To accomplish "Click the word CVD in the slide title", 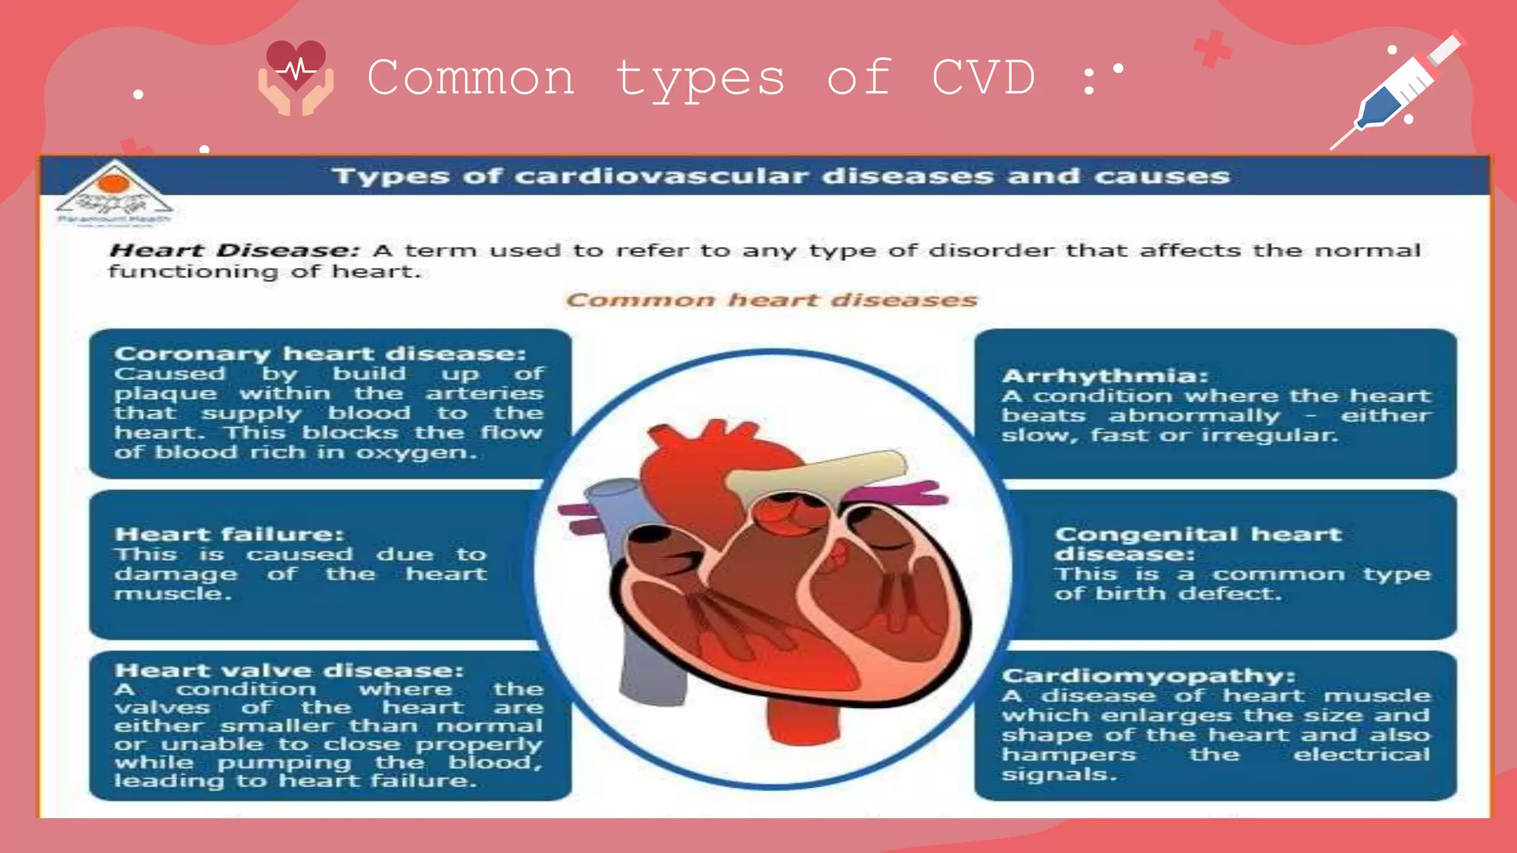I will pyautogui.click(x=983, y=77).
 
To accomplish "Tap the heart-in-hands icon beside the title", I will pyautogui.click(x=296, y=78).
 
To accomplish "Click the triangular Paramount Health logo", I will pyautogui.click(x=114, y=192).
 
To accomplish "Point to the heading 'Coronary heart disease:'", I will pyautogui.click(x=320, y=353).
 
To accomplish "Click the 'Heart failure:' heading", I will pyautogui.click(x=229, y=534).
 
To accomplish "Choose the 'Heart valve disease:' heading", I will pyautogui.click(x=289, y=670).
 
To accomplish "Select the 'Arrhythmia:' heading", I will pyautogui.click(x=1104, y=375).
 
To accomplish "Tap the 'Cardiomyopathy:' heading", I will pyautogui.click(x=1148, y=675).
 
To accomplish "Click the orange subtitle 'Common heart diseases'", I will pyautogui.click(x=771, y=300).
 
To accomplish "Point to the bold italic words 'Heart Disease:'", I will pyautogui.click(x=234, y=250).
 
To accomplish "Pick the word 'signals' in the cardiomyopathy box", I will pyautogui.click(x=1057, y=775).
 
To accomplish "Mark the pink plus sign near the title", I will pyautogui.click(x=1212, y=49).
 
